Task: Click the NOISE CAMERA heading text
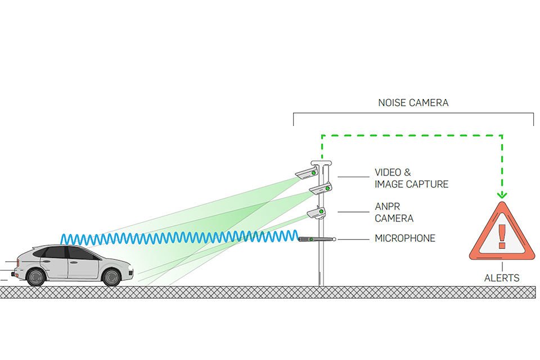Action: coord(413,103)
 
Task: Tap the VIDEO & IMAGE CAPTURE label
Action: coord(411,178)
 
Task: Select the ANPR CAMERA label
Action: coord(394,213)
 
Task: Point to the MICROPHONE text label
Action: coord(405,238)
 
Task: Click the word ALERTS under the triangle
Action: coord(501,278)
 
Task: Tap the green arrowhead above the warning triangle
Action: coord(502,195)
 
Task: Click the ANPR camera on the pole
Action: coord(316,214)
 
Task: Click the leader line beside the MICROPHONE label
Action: coord(353,238)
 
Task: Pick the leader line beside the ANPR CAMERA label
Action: coord(353,212)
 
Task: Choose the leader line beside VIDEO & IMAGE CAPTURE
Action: coord(353,177)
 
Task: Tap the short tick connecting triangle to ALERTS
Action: coord(501,265)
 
